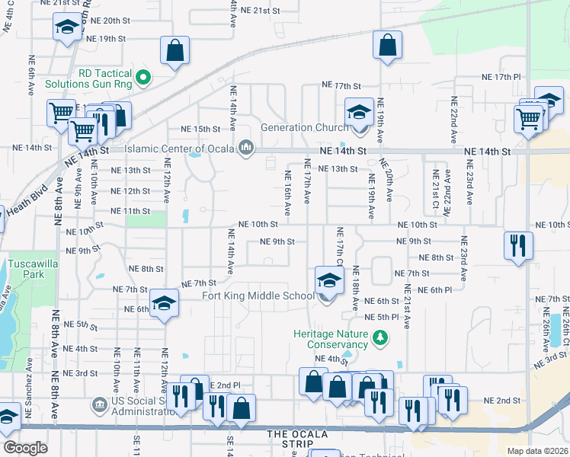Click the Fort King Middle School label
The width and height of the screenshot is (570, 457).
tap(258, 296)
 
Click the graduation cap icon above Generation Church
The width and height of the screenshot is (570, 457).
tap(357, 112)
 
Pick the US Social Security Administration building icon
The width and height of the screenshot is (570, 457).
tap(98, 403)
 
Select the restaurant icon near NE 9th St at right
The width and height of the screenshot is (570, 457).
tap(517, 244)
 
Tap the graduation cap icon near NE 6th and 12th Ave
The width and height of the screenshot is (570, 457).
tap(163, 302)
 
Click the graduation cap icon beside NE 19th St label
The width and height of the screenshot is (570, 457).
tap(67, 28)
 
